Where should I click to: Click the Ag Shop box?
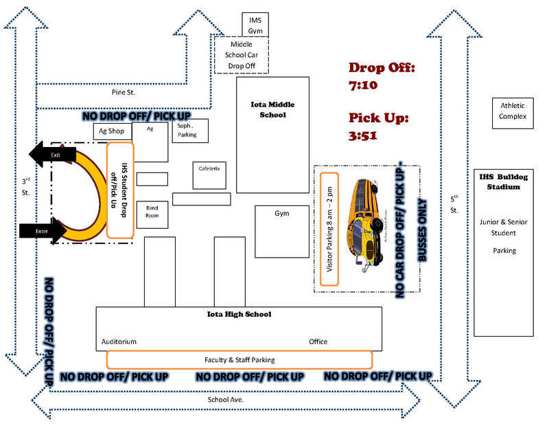[112, 132]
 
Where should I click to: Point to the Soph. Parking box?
[187, 131]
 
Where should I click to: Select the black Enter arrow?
[43, 232]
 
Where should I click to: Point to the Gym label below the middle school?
[282, 213]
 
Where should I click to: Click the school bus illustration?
[369, 225]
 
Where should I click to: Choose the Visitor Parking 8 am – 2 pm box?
[329, 229]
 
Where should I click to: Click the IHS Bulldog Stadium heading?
[504, 181]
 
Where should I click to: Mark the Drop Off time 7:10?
[364, 86]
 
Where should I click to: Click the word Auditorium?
[119, 341]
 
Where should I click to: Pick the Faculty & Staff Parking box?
[240, 359]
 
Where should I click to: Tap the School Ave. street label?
[226, 399]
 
